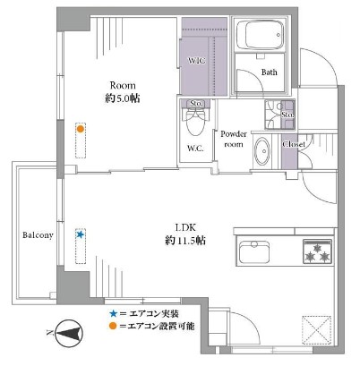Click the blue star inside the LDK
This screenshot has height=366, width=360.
(80, 234)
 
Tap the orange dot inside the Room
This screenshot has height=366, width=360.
(80, 129)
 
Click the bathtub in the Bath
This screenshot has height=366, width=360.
(259, 34)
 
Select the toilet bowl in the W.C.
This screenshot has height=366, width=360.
(195, 123)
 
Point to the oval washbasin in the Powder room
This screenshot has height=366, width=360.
(261, 151)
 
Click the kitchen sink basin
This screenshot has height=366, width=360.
(254, 251)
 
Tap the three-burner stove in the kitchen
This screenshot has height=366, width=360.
(318, 251)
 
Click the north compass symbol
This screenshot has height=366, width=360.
(69, 333)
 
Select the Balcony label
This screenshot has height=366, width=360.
(38, 235)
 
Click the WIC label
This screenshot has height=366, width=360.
(197, 61)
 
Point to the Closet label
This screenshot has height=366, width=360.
(294, 145)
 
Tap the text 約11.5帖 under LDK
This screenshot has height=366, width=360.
(185, 241)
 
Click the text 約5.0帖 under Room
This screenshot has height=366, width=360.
(123, 98)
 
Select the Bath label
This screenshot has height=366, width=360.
(269, 72)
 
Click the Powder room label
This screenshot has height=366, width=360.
(234, 139)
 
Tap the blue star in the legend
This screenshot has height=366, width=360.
(113, 313)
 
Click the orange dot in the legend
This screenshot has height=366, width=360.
(113, 326)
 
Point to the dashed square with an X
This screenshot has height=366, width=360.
(317, 330)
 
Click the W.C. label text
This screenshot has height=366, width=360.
(196, 149)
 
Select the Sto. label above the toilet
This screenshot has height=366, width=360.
(196, 104)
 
